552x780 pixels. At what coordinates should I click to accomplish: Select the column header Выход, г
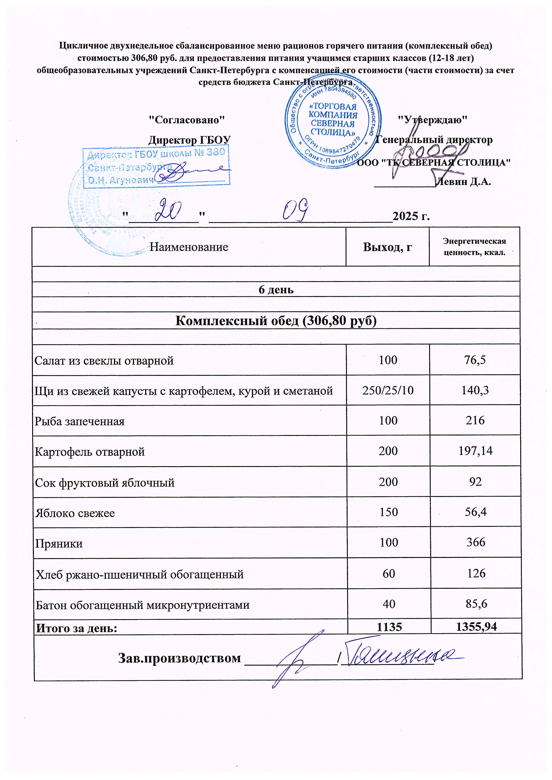(x=388, y=247)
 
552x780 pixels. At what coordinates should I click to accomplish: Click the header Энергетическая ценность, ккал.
(x=474, y=247)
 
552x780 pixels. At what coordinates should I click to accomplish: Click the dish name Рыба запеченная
(x=80, y=421)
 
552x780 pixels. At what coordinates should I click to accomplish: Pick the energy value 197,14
(x=475, y=451)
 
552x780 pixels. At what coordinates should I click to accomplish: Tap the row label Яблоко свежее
(x=75, y=513)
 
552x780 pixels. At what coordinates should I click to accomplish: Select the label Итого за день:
(x=77, y=628)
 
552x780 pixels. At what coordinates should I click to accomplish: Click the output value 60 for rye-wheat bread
(x=389, y=574)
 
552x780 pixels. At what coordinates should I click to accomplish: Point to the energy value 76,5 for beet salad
(x=475, y=360)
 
